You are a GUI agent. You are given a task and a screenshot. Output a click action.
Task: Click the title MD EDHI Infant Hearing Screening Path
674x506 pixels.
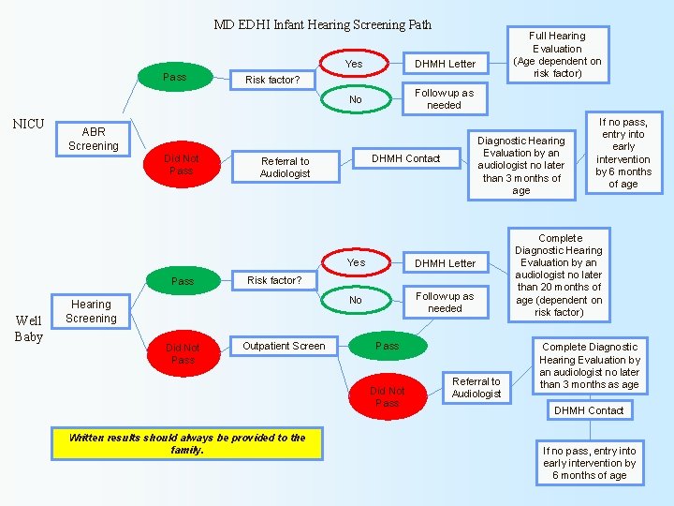322,24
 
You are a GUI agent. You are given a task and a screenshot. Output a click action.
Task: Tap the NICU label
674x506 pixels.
28,123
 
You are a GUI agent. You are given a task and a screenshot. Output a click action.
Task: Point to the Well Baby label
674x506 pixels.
28,328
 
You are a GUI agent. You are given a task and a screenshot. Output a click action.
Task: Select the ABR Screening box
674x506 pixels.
94,139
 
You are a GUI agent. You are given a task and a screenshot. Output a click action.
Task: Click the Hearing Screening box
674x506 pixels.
92,311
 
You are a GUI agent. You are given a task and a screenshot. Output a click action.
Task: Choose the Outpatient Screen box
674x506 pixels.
284,346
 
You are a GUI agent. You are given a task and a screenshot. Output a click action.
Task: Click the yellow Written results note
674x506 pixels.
187,443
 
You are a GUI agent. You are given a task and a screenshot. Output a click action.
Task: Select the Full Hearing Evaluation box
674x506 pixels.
557,54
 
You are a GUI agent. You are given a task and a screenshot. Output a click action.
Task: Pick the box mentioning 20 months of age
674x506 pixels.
559,275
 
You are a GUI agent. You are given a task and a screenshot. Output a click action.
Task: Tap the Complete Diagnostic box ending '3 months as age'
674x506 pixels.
590,365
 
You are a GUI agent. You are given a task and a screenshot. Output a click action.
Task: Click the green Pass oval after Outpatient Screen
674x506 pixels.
388,346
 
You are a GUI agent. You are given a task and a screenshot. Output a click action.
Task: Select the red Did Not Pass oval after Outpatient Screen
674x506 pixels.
388,396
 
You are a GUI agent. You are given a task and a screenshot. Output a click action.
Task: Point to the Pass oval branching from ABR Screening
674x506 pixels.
175,77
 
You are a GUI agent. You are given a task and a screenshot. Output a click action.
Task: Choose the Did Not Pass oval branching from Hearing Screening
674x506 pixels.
183,353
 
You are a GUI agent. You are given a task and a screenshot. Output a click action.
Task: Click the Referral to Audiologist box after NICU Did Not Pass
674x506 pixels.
285,167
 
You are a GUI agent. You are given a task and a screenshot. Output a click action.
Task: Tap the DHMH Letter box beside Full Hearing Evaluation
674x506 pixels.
445,64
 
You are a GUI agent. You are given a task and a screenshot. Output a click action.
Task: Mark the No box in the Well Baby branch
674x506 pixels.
356,300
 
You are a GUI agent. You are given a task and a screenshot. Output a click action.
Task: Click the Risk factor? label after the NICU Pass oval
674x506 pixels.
272,80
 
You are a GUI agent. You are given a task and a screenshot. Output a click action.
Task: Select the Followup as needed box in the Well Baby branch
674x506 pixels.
445,302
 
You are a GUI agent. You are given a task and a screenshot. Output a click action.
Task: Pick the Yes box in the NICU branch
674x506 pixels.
354,64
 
